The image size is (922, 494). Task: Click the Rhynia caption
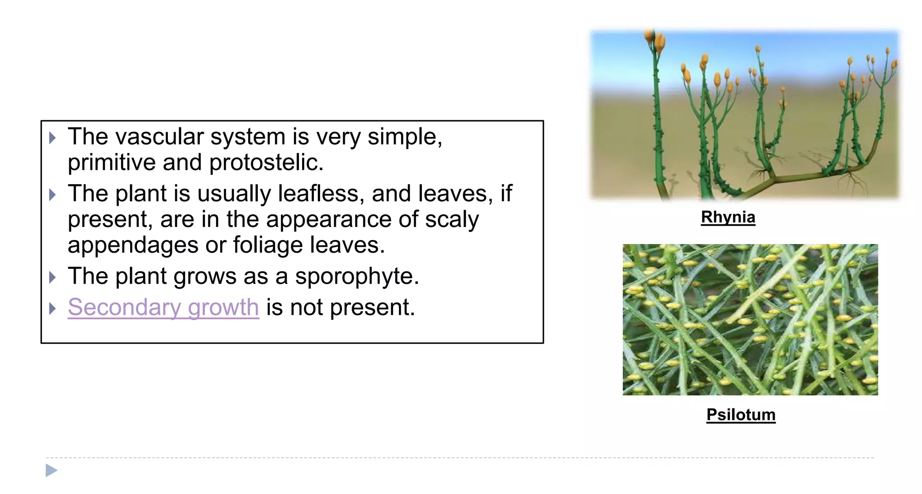[728, 217]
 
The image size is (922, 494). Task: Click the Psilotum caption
[741, 414]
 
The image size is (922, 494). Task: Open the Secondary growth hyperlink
[163, 308]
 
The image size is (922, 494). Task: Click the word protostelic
[266, 163]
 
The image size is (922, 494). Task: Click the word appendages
[133, 245]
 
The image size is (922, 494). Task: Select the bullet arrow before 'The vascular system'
[52, 138]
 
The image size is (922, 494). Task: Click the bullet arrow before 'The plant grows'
[52, 277]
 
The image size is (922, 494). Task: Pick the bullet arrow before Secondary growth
[52, 308]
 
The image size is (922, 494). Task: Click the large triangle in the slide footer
[51, 471]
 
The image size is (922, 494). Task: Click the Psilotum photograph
[750, 319]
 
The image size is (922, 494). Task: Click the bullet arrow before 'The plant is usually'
[52, 195]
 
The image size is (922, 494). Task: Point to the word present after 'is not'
[372, 308]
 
